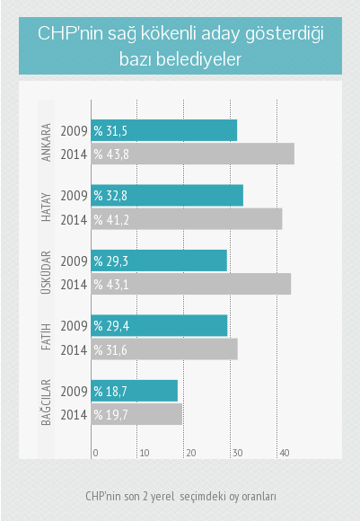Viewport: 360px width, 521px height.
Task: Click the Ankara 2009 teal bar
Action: (x=164, y=130)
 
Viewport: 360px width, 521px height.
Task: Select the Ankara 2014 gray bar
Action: (x=193, y=154)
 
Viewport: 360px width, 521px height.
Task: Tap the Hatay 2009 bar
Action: (x=167, y=195)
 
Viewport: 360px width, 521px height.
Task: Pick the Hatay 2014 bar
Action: (x=187, y=219)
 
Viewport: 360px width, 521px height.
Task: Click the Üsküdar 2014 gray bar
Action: (x=191, y=284)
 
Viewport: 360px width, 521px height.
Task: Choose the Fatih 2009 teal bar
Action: (x=160, y=325)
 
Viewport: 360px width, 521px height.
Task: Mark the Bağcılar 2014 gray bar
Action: (x=136, y=414)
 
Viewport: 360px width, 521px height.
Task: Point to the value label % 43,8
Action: (x=112, y=155)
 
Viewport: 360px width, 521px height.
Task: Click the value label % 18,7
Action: (x=111, y=391)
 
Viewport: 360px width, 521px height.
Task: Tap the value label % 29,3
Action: (x=112, y=260)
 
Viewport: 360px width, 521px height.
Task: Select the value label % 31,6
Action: (x=112, y=349)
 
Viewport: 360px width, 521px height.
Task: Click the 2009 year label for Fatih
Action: (x=73, y=325)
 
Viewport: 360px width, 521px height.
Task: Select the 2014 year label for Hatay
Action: (x=73, y=219)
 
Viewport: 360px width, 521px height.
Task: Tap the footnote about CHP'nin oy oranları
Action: (x=180, y=496)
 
